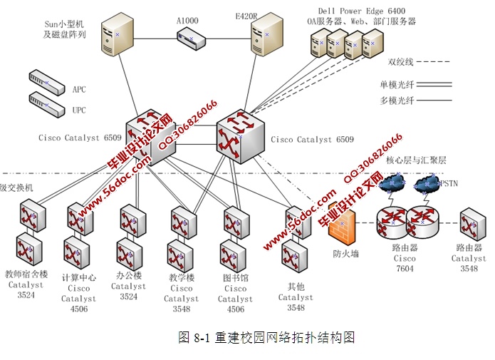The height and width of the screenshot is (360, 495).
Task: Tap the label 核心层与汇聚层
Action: point(417,161)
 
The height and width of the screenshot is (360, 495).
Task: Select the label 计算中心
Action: point(78,278)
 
